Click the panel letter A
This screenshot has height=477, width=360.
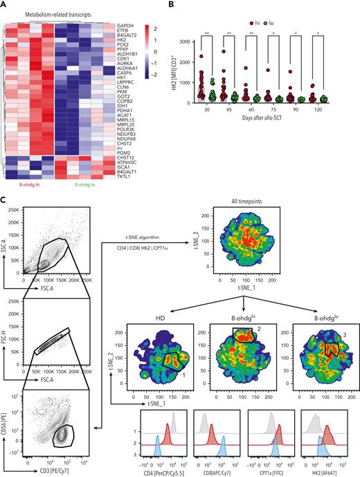[5, 6]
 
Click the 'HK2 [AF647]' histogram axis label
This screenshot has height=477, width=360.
[321, 472]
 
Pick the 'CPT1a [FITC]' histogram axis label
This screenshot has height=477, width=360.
[275, 472]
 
